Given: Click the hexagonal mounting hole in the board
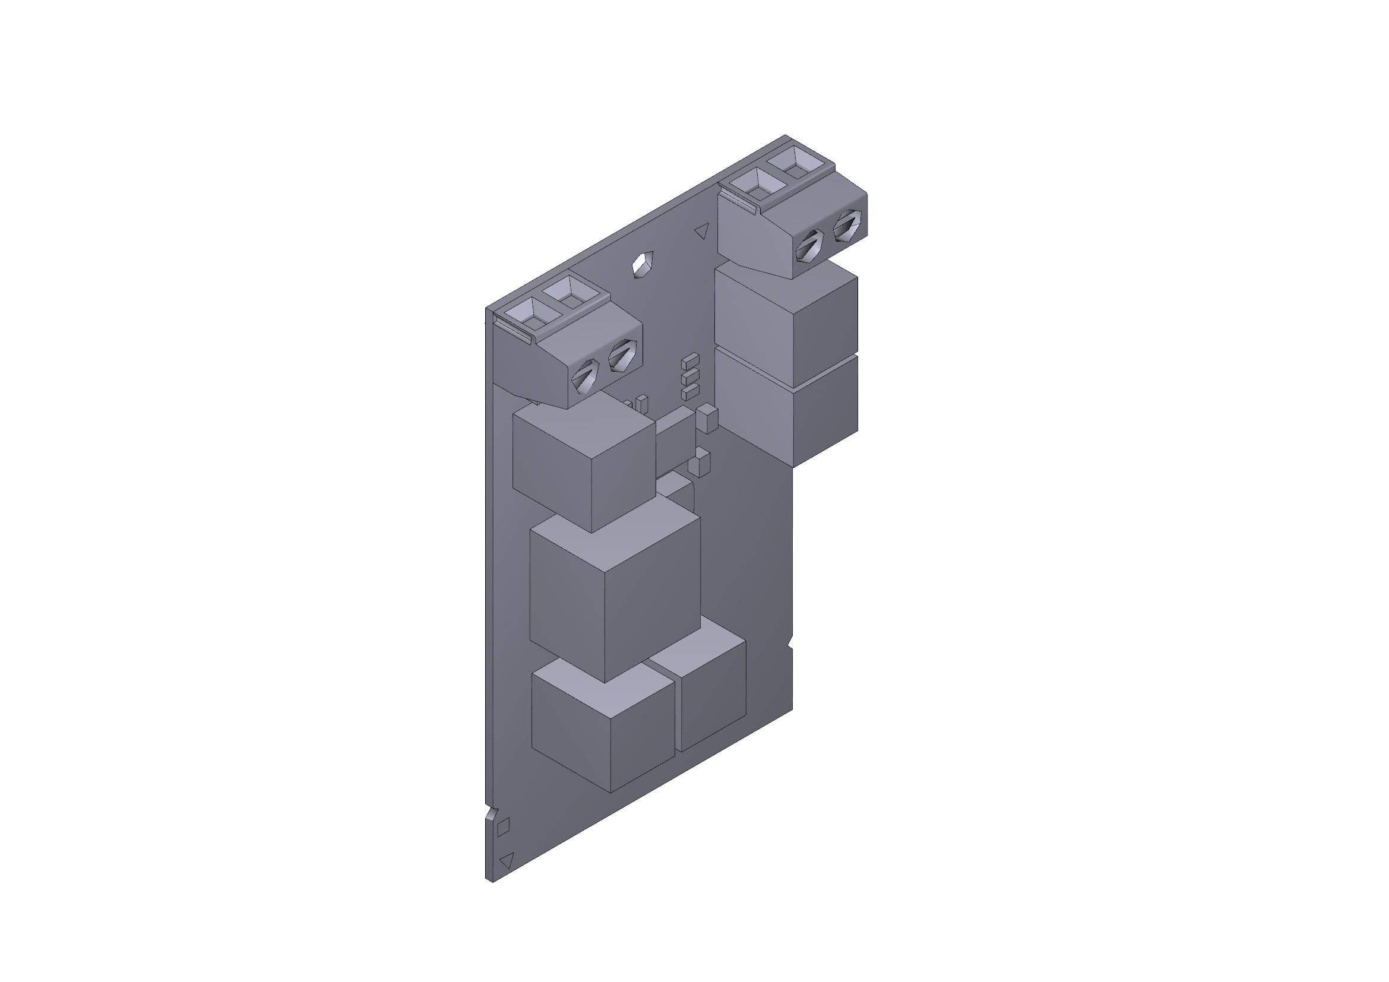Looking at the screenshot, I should click(643, 264).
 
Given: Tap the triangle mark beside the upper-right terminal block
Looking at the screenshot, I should click(702, 230).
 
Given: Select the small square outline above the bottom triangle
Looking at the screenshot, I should click(504, 826).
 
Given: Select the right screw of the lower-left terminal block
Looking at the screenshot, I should click(621, 356).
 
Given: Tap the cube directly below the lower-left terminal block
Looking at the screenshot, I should click(584, 465).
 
